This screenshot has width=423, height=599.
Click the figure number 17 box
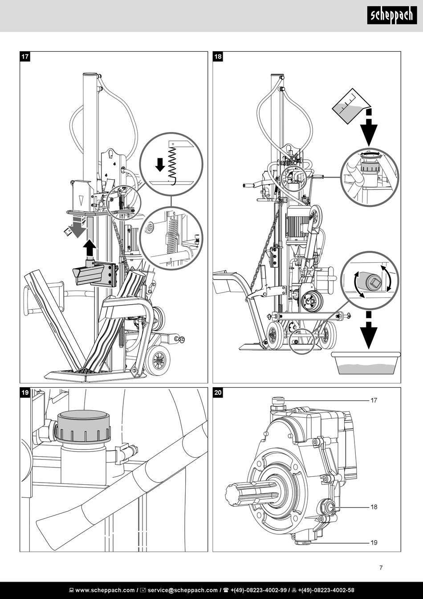[x=25, y=57]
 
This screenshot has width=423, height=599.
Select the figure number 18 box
[x=218, y=57]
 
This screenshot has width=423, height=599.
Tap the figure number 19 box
[x=25, y=392]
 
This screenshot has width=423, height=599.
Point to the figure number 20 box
[x=218, y=392]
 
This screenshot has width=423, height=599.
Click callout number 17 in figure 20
[x=374, y=400]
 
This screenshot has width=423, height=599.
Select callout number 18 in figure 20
[x=374, y=507]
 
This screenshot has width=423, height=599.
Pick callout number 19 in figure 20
[x=374, y=542]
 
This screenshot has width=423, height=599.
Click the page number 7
[x=381, y=568]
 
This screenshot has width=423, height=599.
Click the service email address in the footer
[x=183, y=590]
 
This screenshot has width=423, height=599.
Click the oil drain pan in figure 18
[x=366, y=363]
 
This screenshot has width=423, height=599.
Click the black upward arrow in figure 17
[x=90, y=248]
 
